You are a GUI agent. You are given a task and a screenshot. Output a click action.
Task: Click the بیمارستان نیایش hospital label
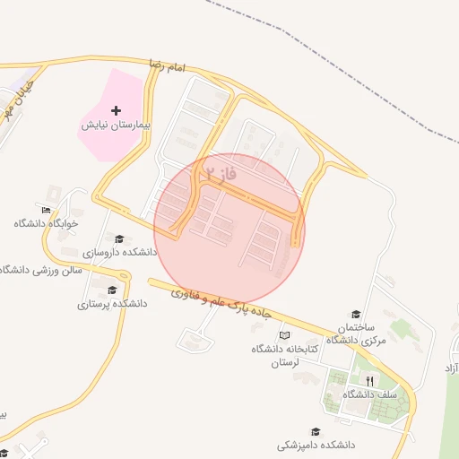(x=114, y=126)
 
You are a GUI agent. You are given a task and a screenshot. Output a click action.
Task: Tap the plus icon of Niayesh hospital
(x=116, y=109)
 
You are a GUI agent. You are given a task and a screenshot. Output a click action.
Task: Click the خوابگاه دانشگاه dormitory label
(x=46, y=223)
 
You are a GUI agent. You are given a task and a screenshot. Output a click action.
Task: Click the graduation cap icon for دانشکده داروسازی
(x=119, y=238)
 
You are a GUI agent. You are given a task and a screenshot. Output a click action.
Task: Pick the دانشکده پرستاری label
(x=112, y=304)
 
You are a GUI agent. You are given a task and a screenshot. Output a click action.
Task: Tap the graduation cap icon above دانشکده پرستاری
(x=112, y=290)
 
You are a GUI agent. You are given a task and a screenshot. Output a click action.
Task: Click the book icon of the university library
(x=285, y=335)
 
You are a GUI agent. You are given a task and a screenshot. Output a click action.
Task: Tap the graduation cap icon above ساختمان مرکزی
(x=356, y=314)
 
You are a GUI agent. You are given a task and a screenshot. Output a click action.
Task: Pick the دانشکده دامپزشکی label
(x=316, y=445)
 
